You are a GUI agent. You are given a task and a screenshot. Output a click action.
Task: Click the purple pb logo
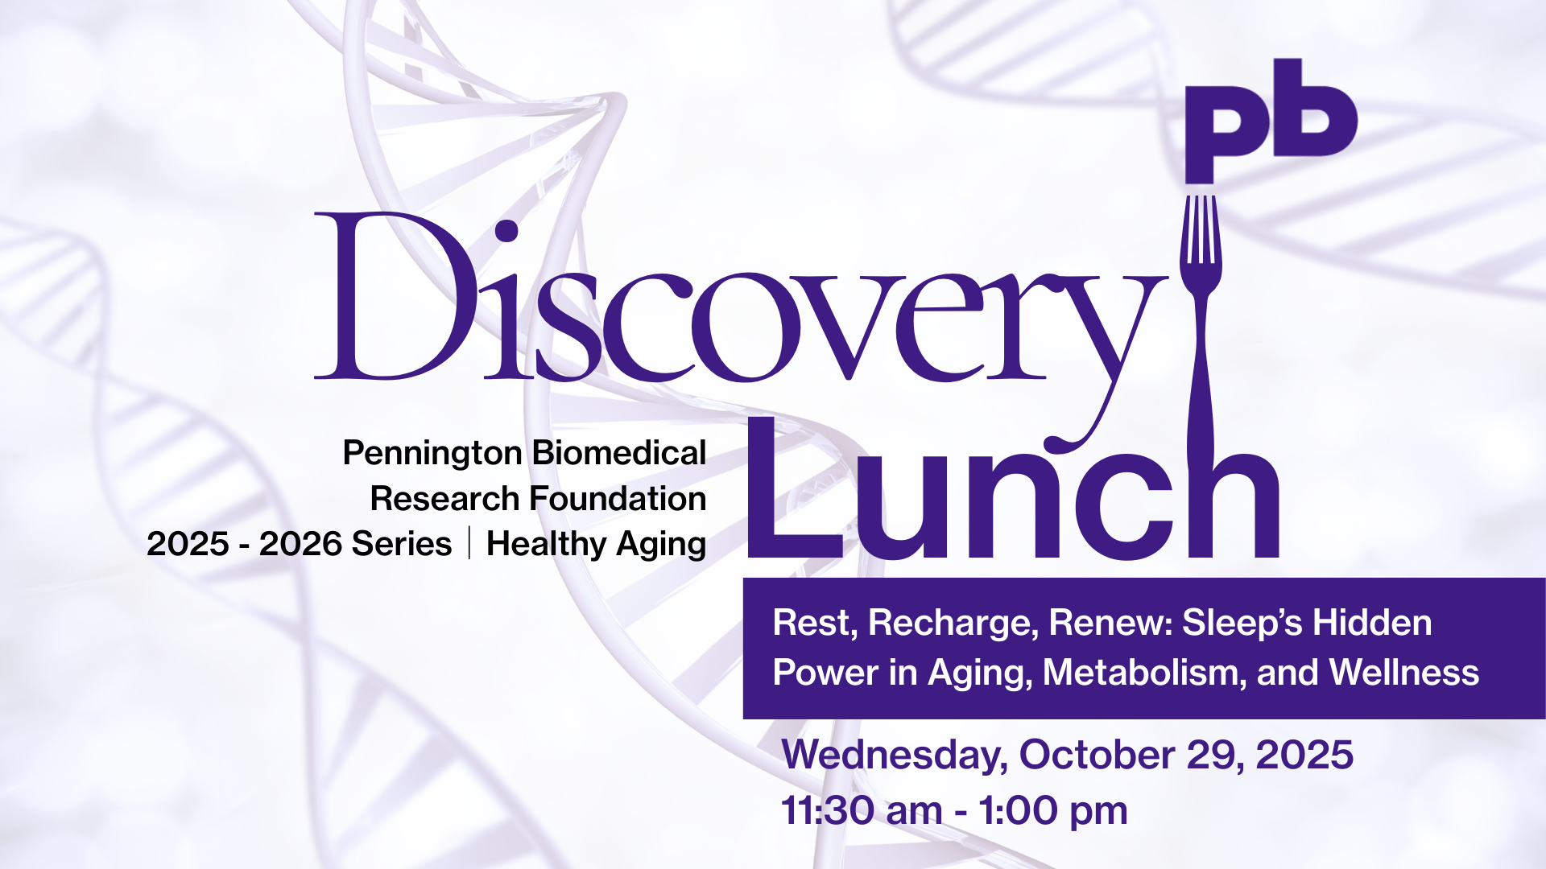1271,121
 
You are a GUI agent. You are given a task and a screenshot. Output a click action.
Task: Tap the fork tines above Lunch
1201,233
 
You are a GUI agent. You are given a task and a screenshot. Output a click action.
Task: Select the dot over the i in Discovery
506,231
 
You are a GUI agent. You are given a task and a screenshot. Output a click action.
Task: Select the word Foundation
618,499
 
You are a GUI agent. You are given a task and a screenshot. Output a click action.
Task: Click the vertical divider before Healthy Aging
469,542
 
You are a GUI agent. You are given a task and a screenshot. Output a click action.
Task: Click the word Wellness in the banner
1403,673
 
